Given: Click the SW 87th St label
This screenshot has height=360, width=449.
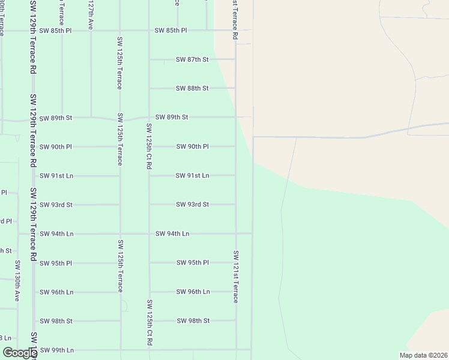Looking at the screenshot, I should (192, 59).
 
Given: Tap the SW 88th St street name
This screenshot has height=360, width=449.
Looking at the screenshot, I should (192, 88).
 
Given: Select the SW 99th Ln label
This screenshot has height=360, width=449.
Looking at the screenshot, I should (56, 350).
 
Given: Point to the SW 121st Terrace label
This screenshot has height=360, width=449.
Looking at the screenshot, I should (236, 277).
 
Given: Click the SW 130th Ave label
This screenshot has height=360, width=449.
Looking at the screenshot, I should (18, 280).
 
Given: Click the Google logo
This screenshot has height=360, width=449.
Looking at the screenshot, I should (19, 353).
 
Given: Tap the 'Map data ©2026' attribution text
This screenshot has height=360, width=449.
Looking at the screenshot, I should (423, 355).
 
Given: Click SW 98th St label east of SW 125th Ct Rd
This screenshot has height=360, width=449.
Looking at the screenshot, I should (193, 321).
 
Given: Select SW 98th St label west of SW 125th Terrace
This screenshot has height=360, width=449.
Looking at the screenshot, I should (56, 321).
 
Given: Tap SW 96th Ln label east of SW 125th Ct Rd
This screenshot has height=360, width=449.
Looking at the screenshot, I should (193, 292).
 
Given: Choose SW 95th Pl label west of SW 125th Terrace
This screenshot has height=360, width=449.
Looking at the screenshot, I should (56, 263).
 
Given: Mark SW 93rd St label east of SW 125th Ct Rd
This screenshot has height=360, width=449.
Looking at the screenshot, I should (193, 205).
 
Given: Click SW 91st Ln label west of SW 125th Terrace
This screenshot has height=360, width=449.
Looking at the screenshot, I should (56, 176).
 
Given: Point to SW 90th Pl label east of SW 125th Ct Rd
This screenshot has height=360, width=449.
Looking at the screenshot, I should (193, 146).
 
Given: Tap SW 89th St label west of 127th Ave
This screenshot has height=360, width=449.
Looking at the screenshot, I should (56, 118).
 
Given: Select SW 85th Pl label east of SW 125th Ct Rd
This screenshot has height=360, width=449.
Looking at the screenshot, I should (171, 30).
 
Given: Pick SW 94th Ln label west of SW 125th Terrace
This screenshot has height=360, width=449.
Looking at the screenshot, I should (56, 233).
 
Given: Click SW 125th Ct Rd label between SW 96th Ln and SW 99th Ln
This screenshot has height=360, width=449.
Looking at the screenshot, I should (149, 323).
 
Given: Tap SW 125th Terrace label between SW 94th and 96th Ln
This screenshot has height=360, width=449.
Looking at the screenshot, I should (120, 266).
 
